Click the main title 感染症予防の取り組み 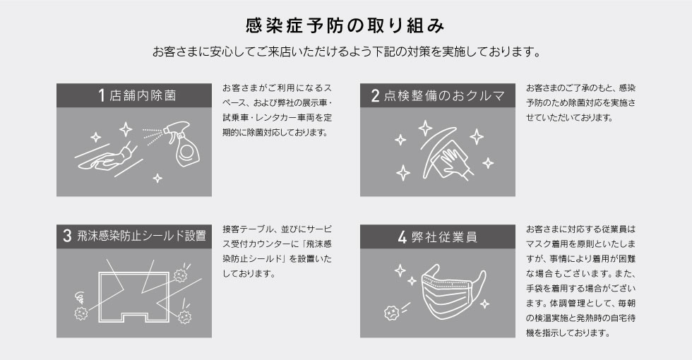click(x=345, y=25)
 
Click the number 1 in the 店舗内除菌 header click(x=102, y=95)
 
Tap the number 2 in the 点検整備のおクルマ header click(x=375, y=96)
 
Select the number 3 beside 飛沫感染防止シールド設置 click(x=67, y=236)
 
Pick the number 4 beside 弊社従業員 click(x=402, y=237)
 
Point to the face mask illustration click(x=453, y=290)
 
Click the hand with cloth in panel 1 click(x=106, y=157)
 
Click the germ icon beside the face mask click(x=391, y=312)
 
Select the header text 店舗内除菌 click(x=143, y=96)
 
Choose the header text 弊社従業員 click(x=444, y=237)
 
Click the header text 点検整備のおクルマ click(x=444, y=96)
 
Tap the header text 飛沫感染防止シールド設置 click(x=142, y=236)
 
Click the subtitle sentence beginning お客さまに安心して click(x=347, y=52)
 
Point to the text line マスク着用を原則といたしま click(x=580, y=244)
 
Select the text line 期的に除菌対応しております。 click(x=276, y=133)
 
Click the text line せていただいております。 click(x=569, y=118)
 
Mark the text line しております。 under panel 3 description click(x=249, y=274)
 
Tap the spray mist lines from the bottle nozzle click(x=153, y=136)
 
